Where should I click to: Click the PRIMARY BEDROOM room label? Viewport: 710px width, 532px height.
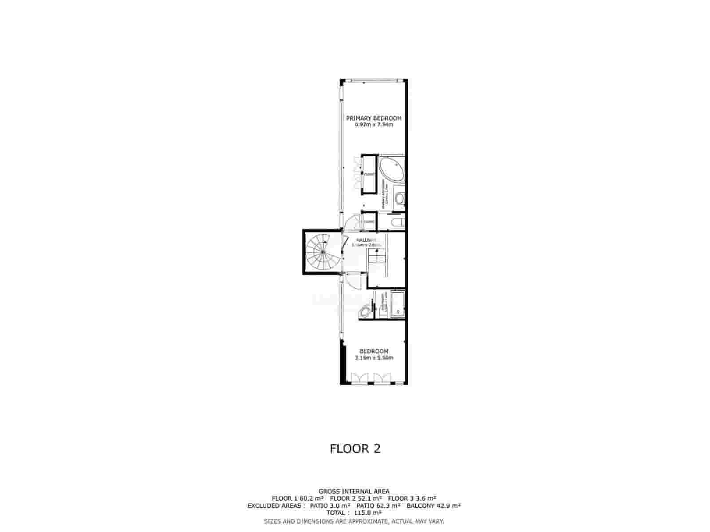(x=374, y=118)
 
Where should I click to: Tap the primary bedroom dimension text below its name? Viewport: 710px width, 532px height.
(x=374, y=125)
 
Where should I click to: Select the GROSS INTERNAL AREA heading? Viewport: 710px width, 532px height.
(x=354, y=491)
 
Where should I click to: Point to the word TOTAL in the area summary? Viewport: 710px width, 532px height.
(x=335, y=512)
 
